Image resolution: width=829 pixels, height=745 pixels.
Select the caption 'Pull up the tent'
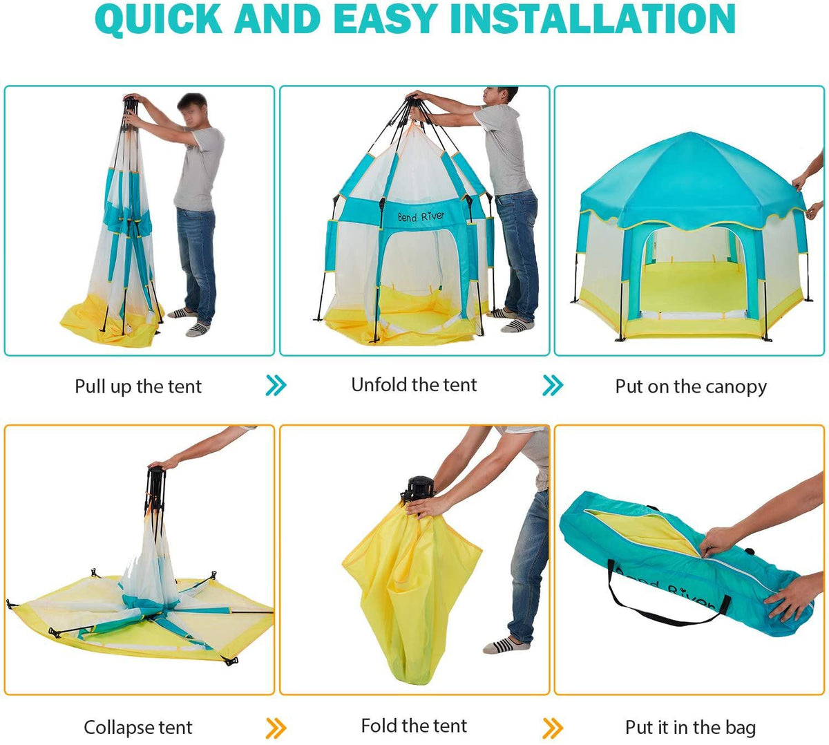pos(138,386)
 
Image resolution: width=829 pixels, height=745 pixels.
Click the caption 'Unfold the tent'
pos(414,385)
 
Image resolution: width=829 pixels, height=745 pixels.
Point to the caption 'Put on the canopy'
pos(691,386)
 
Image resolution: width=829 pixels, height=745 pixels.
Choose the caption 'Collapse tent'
pos(138,727)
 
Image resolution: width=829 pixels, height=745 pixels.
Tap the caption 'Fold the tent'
pos(414,726)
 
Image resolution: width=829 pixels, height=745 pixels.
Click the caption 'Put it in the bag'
pos(690,727)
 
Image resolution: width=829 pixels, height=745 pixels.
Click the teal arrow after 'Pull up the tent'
pos(276,386)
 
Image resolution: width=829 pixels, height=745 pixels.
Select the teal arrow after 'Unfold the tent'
pos(553,386)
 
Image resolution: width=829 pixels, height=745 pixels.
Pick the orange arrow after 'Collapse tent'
pos(276,727)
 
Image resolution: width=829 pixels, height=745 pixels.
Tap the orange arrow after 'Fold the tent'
pos(553,727)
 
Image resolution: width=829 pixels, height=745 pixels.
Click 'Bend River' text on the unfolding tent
pos(421,216)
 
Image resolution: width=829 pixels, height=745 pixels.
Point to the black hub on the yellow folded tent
pos(418,488)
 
